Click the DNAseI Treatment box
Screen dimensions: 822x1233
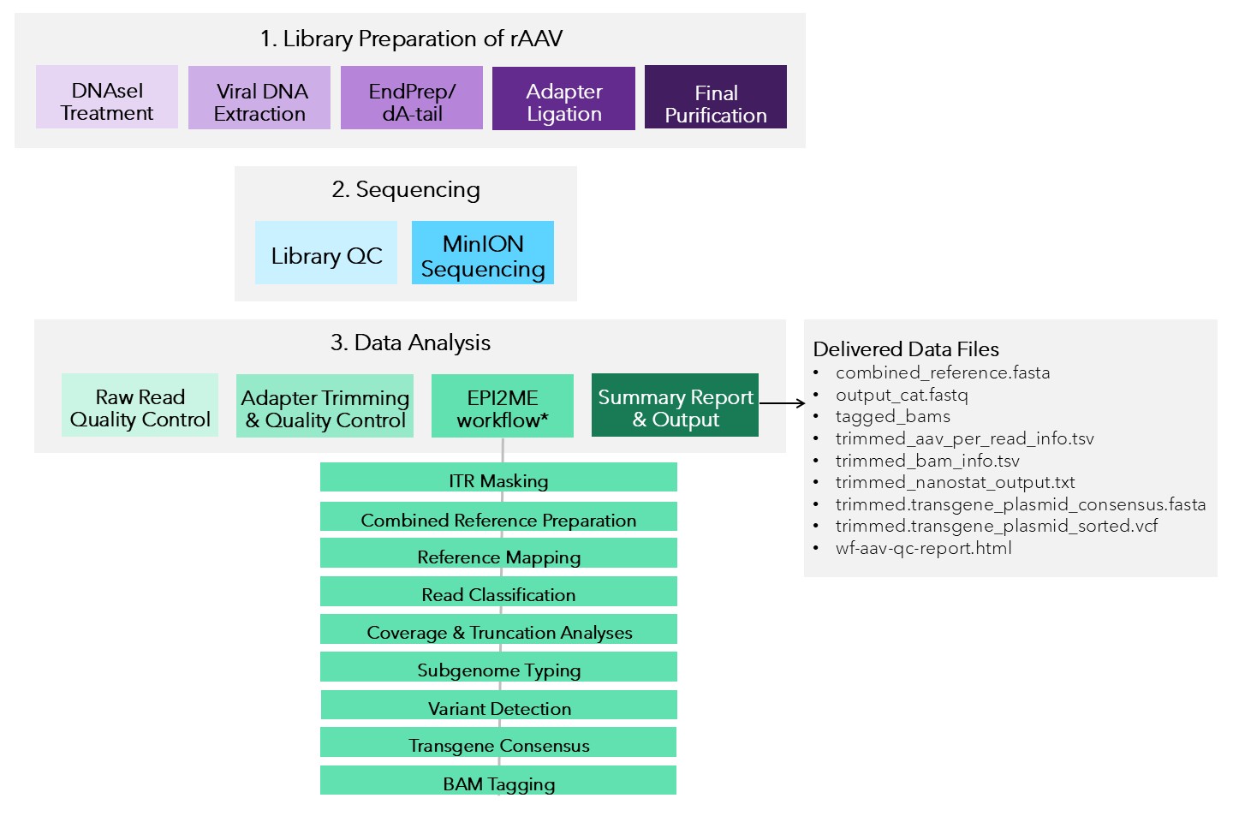107,98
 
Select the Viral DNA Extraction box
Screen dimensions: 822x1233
259,98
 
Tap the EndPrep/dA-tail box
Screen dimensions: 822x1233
412,98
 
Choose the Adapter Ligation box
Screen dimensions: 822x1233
563,99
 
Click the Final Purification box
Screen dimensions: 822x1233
716,98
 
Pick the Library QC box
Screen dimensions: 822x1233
326,253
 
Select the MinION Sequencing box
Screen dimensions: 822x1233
483,253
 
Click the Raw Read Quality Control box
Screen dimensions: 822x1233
140,406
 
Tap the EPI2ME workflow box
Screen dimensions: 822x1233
503,407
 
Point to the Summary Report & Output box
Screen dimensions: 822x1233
675,406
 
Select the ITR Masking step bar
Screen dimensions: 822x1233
498,478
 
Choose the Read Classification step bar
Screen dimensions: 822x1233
498,592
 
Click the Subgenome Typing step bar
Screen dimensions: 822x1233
498,667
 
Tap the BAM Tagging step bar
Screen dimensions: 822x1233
498,781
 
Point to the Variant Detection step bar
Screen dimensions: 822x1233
498,706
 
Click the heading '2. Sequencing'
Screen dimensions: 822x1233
406,189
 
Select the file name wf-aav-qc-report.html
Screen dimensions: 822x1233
924,548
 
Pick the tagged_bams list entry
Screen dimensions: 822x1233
893,417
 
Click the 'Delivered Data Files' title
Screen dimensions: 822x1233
906,349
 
